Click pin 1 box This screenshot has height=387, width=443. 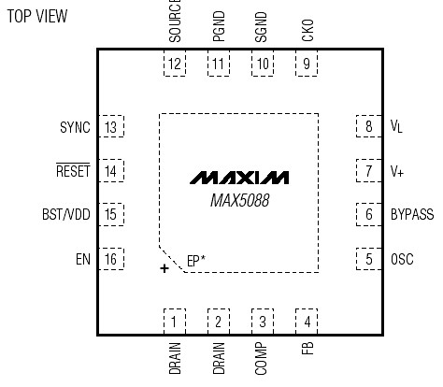(x=175, y=321)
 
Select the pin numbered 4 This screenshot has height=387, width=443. (x=306, y=321)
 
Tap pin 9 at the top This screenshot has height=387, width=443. (x=306, y=64)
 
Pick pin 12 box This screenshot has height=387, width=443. (x=175, y=64)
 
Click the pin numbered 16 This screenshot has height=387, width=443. (x=112, y=259)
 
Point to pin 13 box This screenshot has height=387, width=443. (x=112, y=127)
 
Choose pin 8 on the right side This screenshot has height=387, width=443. (x=368, y=127)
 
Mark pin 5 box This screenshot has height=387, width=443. (x=368, y=259)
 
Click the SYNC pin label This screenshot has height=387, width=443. (x=75, y=127)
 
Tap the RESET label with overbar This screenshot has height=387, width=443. (x=73, y=171)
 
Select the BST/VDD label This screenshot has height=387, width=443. (x=66, y=215)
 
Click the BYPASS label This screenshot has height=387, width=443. (x=412, y=215)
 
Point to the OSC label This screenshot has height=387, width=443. (x=402, y=259)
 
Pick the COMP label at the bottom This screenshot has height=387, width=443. (x=263, y=359)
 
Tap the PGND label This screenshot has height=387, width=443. (x=219, y=25)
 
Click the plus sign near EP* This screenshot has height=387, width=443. (x=165, y=268)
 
